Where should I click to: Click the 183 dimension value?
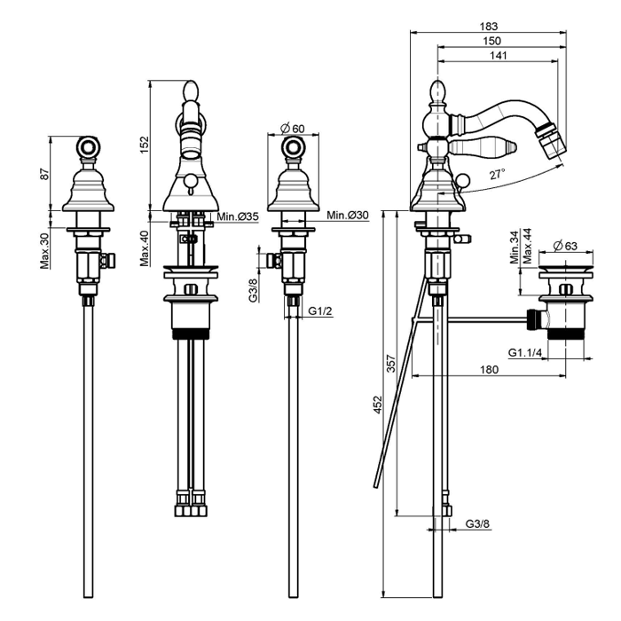click(488, 27)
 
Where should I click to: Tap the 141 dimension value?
click(498, 57)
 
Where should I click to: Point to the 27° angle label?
click(499, 173)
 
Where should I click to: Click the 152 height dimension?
click(145, 145)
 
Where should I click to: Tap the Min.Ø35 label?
click(237, 216)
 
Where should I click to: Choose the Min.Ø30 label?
click(347, 216)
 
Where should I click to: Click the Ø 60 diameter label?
click(292, 129)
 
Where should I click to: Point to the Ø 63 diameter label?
click(565, 246)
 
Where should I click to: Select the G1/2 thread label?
click(321, 310)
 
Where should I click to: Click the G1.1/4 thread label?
click(526, 353)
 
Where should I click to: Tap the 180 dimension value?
click(490, 371)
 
